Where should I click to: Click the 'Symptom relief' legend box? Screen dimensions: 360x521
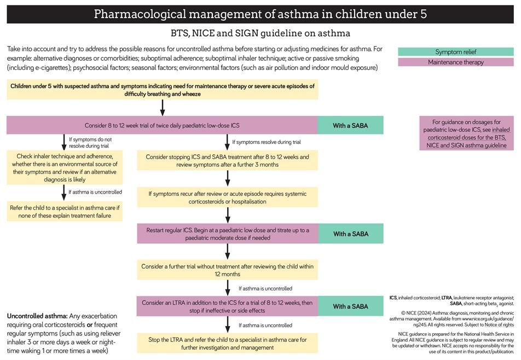pyautogui.click(x=455, y=52)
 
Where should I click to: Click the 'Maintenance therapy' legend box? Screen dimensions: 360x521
pyautogui.click(x=455, y=62)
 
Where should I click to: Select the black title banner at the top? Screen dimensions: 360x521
pyautogui.click(x=260, y=14)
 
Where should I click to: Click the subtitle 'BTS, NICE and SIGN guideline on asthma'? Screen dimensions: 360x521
pyautogui.click(x=260, y=33)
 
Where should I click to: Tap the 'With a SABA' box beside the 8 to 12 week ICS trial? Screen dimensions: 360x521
pyautogui.click(x=350, y=125)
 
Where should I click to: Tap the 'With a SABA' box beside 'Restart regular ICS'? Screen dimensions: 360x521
pyautogui.click(x=350, y=234)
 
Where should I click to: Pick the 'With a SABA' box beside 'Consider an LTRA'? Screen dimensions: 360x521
pyautogui.click(x=350, y=306)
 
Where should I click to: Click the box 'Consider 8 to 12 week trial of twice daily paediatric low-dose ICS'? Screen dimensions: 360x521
pyautogui.click(x=162, y=125)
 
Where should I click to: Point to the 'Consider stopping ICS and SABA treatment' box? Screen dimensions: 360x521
pyautogui.click(x=227, y=160)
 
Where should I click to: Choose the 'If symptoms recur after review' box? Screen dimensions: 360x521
pyautogui.click(x=227, y=197)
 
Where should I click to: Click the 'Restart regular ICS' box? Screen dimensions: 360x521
pyautogui.click(x=227, y=234)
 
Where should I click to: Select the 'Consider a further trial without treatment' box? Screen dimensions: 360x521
pyautogui.click(x=227, y=270)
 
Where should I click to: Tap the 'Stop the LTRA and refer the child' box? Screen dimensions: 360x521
pyautogui.click(x=227, y=343)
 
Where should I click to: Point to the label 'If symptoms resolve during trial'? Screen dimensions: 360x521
pyautogui.click(x=266, y=142)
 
